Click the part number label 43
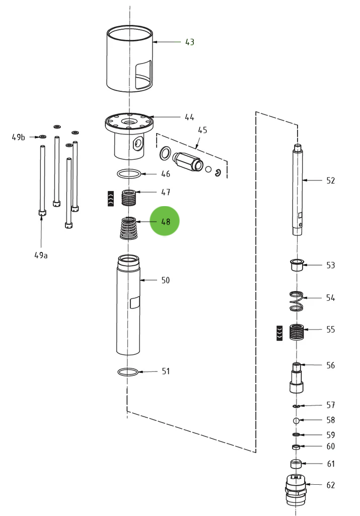[189, 42]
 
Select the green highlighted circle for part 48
[165, 221]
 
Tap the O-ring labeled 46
[129, 174]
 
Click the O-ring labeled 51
[128, 372]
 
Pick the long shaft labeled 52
[298, 191]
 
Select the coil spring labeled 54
[297, 301]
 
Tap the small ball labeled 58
[297, 420]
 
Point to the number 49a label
[41, 255]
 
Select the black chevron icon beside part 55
[279, 333]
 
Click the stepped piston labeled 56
[297, 378]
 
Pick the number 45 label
[202, 130]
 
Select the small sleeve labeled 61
[296, 464]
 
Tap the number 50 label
[165, 280]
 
